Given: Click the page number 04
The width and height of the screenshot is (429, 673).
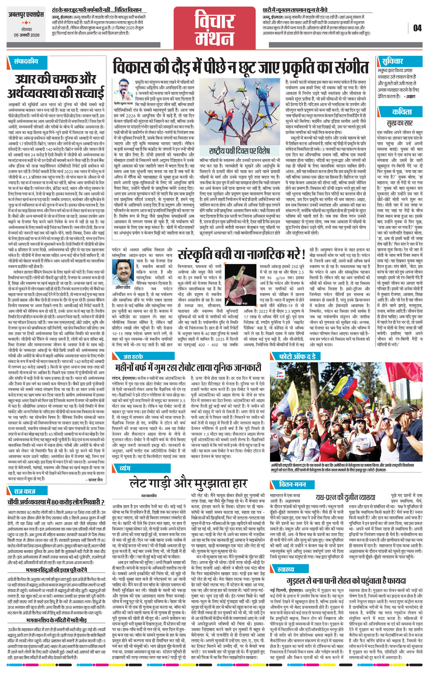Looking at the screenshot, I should point(417,28).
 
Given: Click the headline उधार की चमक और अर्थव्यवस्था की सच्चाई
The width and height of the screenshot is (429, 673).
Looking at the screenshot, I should point(56,86).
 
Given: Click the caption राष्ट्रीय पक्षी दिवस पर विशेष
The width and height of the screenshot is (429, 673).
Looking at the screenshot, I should point(239,151).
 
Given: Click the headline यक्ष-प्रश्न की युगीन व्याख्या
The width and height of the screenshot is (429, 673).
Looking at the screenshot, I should point(345,497).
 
